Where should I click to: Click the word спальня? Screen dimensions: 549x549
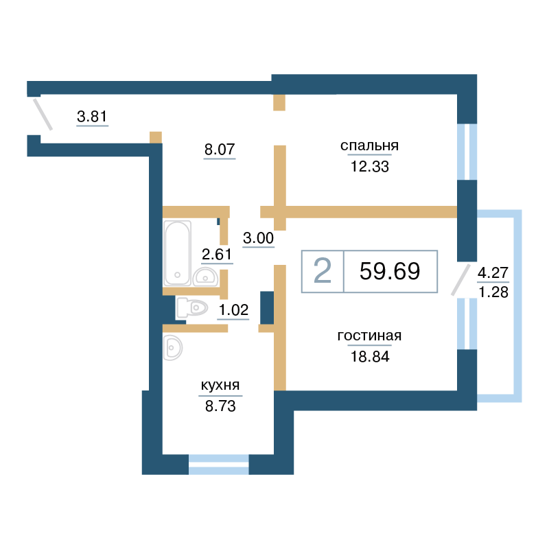(369, 145)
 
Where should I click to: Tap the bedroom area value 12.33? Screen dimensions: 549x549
(370, 167)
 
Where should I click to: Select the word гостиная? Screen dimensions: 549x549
(369, 336)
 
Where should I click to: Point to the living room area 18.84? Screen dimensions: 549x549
(370, 357)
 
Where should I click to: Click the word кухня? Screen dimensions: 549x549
(220, 386)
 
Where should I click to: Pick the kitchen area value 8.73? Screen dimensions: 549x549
(220, 406)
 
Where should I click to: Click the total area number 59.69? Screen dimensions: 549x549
(390, 271)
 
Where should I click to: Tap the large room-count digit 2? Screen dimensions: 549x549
(322, 270)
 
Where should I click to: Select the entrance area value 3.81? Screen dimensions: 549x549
(92, 116)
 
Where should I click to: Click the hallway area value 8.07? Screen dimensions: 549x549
(220, 150)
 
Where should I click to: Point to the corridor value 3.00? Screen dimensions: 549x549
(259, 238)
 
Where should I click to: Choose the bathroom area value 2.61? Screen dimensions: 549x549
(217, 255)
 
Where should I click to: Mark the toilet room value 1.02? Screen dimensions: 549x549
(233, 310)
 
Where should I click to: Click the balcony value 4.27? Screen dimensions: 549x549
(493, 272)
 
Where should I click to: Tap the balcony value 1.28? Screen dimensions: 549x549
(493, 292)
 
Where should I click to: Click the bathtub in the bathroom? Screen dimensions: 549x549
(178, 253)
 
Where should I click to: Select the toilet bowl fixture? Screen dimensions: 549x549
(192, 308)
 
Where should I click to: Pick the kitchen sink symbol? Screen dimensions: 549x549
(173, 348)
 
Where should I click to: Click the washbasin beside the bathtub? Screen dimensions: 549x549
(205, 277)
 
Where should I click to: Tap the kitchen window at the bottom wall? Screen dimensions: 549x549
(219, 465)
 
